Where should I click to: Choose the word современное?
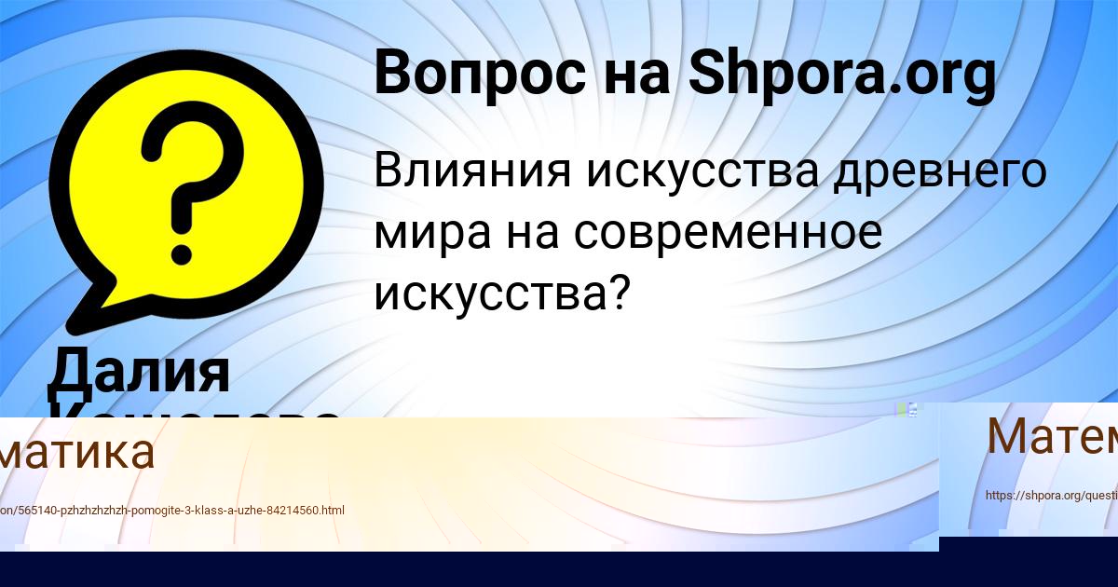coord(727,233)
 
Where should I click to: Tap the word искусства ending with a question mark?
coord(500,293)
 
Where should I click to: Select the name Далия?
coord(139,371)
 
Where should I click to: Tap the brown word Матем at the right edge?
coord(1051,436)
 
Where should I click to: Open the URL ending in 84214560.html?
coord(172,511)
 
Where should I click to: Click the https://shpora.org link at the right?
coord(1051,496)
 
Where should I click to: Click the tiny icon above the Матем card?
coord(907,409)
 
